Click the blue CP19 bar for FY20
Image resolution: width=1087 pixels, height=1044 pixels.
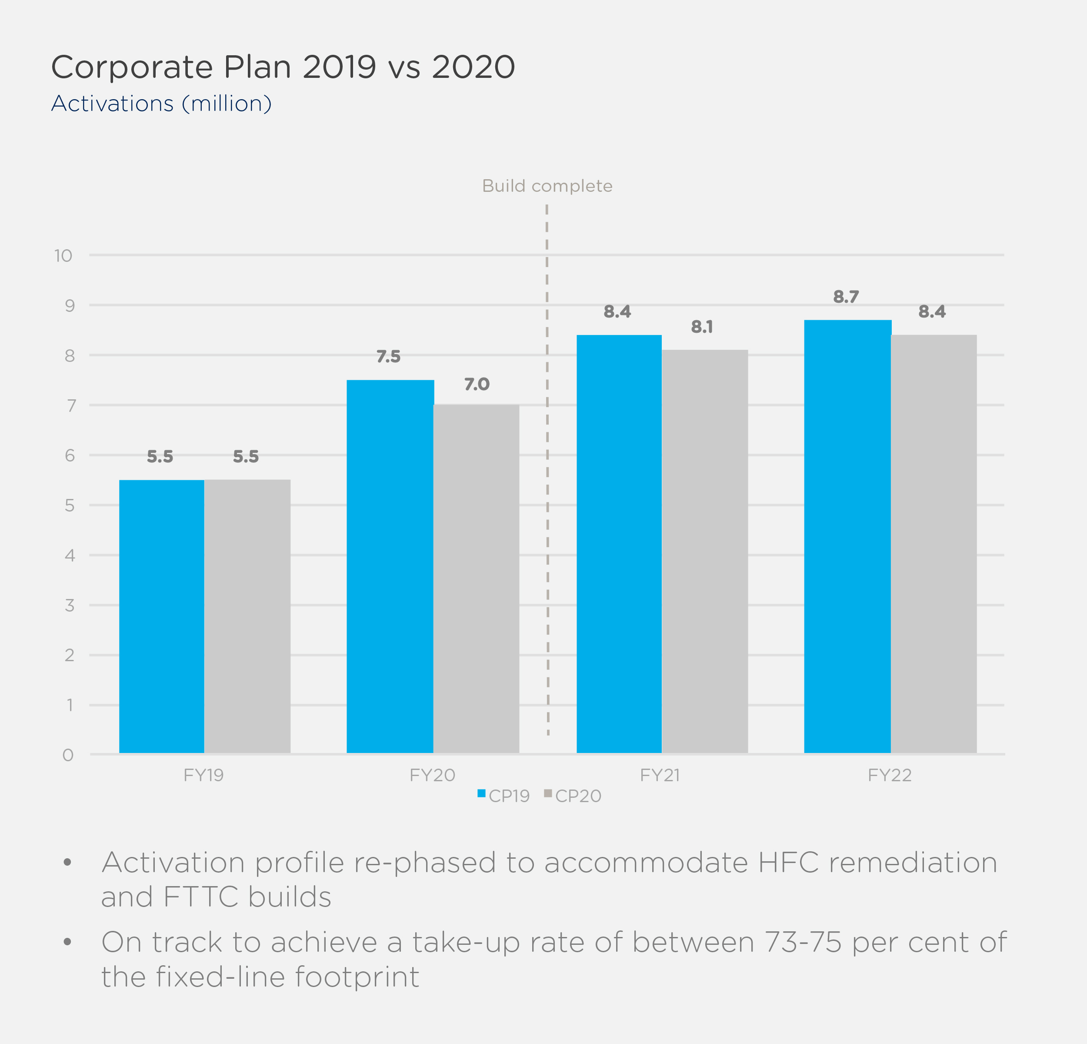(390, 566)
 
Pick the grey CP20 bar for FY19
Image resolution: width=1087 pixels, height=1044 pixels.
(247, 616)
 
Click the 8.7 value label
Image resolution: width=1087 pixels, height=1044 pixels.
(846, 297)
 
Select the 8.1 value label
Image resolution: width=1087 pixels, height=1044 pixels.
(702, 327)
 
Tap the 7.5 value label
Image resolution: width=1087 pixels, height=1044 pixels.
(388, 356)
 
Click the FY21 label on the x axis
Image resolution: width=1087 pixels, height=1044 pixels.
(660, 775)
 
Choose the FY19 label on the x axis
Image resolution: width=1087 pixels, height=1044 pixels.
(203, 775)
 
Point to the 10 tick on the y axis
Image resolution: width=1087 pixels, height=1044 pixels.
(63, 256)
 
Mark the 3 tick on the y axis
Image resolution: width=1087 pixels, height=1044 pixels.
(69, 605)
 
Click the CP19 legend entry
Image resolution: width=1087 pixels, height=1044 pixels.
(503, 796)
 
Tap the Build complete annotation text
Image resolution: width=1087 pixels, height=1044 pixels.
(547, 186)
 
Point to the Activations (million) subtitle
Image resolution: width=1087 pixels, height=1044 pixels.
(161, 104)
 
